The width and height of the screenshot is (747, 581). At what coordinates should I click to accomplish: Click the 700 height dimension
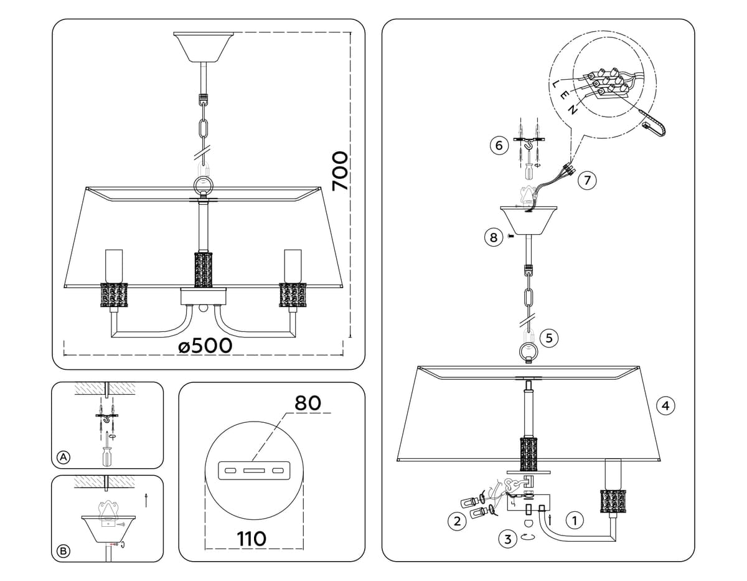click(339, 171)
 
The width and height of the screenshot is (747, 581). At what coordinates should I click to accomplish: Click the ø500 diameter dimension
click(205, 346)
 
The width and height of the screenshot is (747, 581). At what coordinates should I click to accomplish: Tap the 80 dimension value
click(308, 403)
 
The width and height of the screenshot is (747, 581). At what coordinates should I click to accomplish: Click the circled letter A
click(63, 457)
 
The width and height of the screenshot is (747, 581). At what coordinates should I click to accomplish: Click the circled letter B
click(63, 550)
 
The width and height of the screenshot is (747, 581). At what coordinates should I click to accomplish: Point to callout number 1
click(575, 519)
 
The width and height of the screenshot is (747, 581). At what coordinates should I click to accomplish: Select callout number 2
click(458, 522)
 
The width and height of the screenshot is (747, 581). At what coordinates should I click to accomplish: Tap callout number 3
click(508, 539)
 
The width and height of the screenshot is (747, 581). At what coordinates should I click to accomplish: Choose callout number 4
click(665, 406)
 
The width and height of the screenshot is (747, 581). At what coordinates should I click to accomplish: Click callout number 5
click(548, 338)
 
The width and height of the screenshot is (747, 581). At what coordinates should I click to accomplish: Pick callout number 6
click(497, 146)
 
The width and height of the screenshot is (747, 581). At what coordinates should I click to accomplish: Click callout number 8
click(493, 237)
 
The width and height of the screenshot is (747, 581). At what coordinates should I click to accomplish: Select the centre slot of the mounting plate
click(253, 469)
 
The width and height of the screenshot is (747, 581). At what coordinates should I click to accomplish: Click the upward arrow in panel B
click(146, 500)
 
